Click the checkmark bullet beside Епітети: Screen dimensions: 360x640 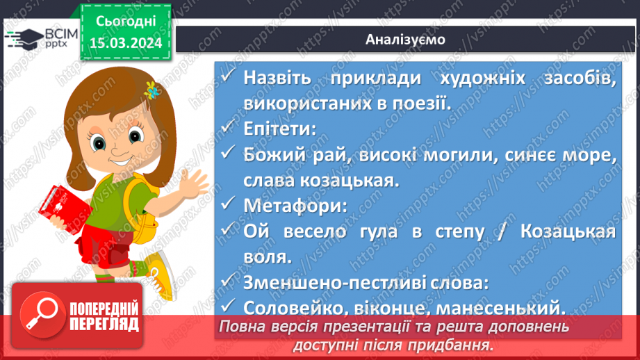pyautogui.click(x=229, y=129)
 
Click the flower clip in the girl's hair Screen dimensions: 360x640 pyautogui.click(x=150, y=90)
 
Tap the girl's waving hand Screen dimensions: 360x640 pyautogui.click(x=192, y=182)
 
